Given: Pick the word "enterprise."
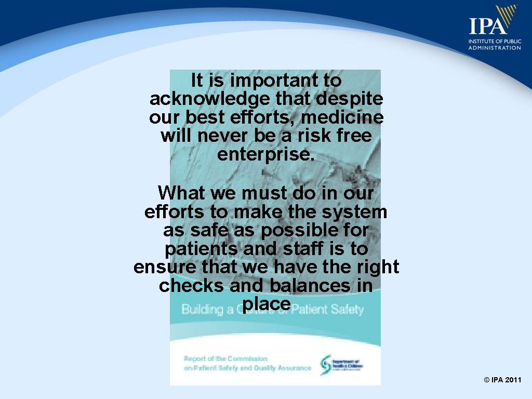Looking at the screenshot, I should click(266, 155).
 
